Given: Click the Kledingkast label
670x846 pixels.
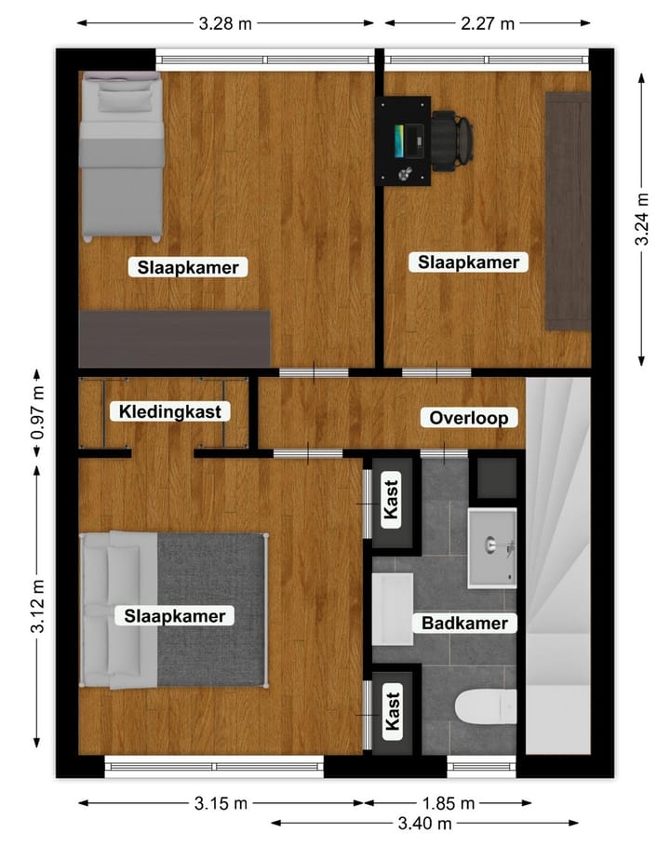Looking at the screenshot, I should [169, 411].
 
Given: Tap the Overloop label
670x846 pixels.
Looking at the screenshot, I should [469, 418].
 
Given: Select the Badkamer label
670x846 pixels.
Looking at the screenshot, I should [464, 623].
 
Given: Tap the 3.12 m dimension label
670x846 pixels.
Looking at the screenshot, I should [38, 606].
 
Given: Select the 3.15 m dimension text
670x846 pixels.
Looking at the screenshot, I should [221, 803].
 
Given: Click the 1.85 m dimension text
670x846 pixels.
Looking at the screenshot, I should [449, 803].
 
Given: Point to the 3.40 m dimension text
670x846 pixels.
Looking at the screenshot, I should [425, 823].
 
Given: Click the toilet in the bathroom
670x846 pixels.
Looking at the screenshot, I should [485, 705].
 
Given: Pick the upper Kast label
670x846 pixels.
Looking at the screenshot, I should [392, 500].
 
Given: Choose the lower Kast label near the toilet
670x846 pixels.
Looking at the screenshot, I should [392, 711].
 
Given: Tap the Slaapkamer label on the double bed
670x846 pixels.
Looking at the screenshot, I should [175, 615].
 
